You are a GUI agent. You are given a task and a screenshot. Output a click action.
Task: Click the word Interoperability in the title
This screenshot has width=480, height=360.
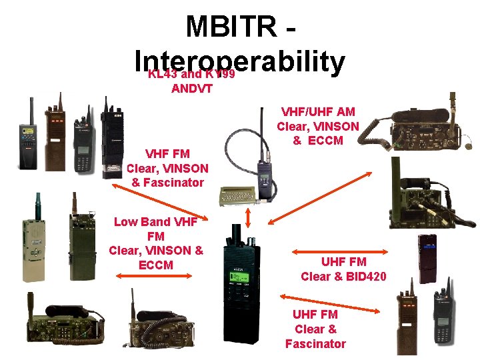coord(239,61)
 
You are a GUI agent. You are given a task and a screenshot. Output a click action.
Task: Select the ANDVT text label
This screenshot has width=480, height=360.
coord(191,87)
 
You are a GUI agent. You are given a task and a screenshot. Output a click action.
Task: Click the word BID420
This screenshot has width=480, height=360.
coord(363,276)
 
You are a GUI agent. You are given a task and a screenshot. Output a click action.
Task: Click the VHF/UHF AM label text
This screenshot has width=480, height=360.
coord(319,112)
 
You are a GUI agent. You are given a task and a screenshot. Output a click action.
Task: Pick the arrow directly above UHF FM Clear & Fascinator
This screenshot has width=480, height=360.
coord(330,303)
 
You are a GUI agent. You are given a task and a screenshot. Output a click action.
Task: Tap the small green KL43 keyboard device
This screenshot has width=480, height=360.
coord(238,193)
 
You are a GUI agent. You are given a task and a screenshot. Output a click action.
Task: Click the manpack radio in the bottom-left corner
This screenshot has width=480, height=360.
coord(63,330)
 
